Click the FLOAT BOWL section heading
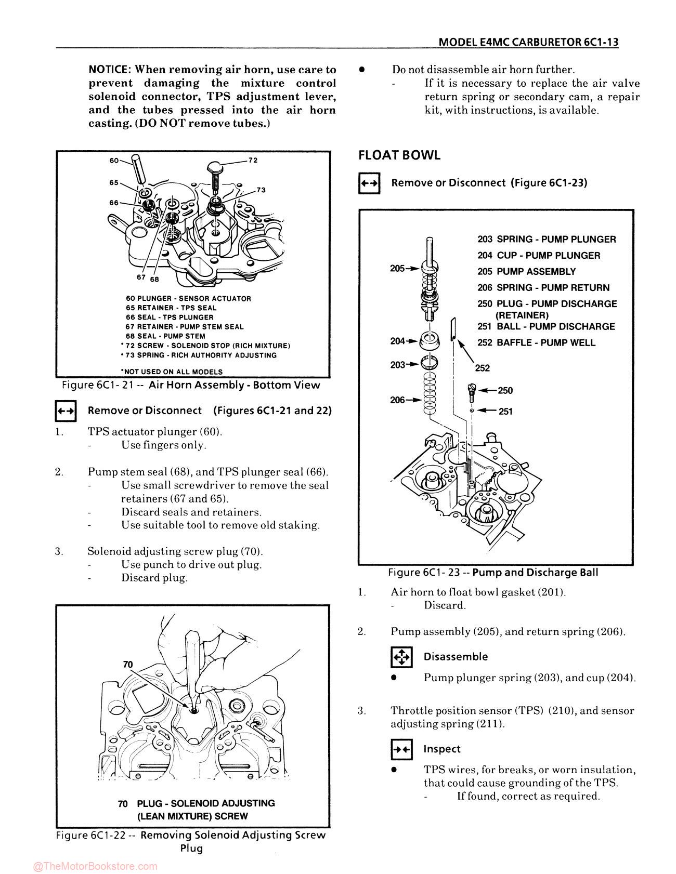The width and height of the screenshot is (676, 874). (399, 155)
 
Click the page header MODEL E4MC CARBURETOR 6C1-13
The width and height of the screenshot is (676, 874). (528, 43)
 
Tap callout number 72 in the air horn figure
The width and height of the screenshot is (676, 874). (253, 160)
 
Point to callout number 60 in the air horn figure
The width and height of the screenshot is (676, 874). (114, 161)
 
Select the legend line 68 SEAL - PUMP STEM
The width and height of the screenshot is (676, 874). (165, 336)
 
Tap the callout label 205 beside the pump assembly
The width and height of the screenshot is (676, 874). (398, 268)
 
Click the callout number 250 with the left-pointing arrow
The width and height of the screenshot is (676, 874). (505, 391)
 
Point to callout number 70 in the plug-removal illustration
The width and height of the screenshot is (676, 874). (128, 665)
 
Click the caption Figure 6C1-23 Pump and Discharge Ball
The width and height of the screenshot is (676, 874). (493, 573)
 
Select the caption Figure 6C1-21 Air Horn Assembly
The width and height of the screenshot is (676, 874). (191, 385)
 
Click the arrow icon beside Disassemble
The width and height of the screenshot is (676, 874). (401, 657)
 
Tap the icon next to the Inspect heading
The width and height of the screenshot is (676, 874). (401, 749)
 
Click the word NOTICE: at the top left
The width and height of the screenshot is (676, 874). (110, 70)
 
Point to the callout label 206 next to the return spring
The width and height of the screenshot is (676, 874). (398, 400)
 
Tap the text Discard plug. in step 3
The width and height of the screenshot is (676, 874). (154, 578)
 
